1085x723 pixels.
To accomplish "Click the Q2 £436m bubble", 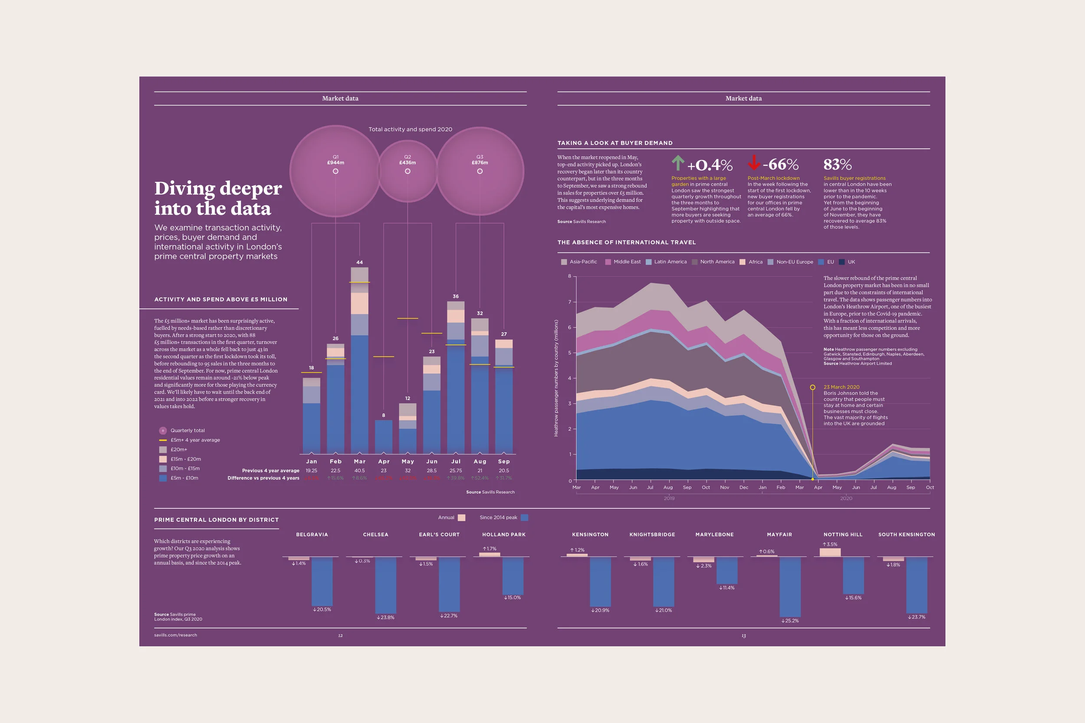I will coord(408,171).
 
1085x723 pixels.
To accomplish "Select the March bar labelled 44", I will coord(359,360).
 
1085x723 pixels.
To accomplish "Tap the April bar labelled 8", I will coord(383,436).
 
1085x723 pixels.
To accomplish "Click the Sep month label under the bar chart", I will coord(504,461).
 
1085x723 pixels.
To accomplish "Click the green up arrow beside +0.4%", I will coord(677,163).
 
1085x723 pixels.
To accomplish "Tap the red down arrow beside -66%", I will coord(754,163).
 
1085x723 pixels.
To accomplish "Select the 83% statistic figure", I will coord(837,165).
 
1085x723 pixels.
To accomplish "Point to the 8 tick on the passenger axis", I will coord(570,276).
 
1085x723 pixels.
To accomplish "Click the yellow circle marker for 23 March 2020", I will coord(812,387).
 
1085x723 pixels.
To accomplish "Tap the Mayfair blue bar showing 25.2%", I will coord(790,586).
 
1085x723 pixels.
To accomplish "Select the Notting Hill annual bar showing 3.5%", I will coord(830,553).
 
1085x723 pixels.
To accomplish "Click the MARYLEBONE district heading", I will coord(714,535).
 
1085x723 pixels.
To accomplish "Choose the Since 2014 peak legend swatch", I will coord(524,518).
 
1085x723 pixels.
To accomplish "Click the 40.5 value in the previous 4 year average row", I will coord(359,471).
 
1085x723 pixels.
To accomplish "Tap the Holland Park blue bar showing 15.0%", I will coord(513,576).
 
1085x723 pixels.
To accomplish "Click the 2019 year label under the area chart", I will coord(669,498).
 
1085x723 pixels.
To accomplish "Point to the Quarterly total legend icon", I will coord(163,431).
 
